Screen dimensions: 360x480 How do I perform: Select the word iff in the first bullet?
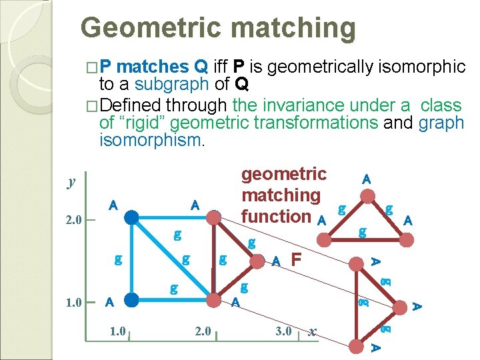coord(220,67)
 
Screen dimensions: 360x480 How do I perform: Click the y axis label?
coord(71,182)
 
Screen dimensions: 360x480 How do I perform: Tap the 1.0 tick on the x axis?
coord(117,331)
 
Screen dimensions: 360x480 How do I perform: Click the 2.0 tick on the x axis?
coord(201,331)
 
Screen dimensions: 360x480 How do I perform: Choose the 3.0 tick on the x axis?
coord(283,331)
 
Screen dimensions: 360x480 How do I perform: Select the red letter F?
coord(297,259)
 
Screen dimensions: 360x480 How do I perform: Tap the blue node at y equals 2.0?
coord(133,217)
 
